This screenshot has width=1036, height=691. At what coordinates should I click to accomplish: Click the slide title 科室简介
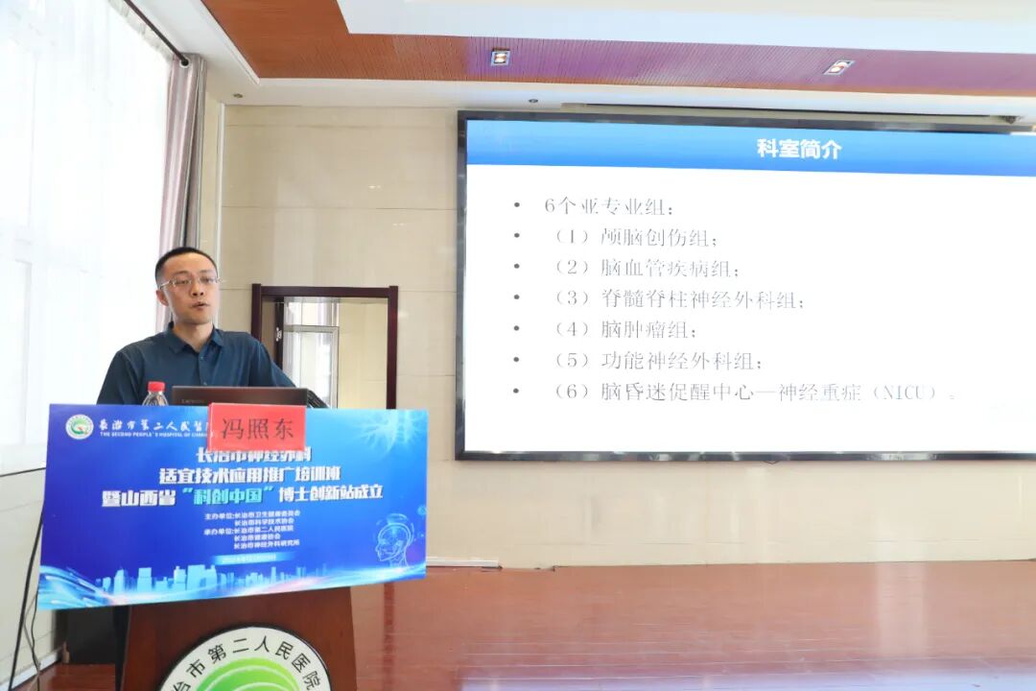click(799, 149)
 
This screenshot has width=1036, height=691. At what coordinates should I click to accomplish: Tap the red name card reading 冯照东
click(256, 422)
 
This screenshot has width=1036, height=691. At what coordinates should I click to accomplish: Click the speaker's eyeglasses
click(189, 282)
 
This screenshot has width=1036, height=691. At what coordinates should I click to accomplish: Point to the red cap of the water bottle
click(154, 386)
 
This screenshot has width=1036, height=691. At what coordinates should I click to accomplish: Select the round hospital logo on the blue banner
click(79, 426)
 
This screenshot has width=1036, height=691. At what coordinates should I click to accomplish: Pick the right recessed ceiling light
click(837, 66)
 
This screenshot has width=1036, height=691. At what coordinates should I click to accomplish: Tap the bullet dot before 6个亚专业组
click(517, 205)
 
